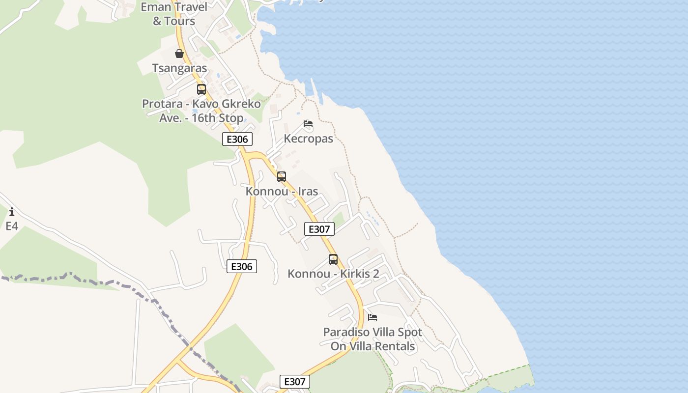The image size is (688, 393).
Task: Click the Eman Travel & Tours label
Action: (x=173, y=14)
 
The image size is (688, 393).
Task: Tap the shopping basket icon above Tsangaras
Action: (x=179, y=54)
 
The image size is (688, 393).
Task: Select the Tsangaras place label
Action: (x=179, y=68)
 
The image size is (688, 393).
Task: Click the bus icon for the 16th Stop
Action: (x=201, y=89)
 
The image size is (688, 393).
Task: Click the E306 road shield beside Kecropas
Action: (x=237, y=139)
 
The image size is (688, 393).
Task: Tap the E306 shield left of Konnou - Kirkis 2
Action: (x=241, y=266)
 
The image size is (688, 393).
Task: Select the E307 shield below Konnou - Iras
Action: (x=319, y=229)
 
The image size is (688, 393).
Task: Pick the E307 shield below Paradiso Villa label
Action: (x=295, y=382)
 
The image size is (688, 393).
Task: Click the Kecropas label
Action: (x=308, y=139)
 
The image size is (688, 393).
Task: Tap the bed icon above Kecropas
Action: (x=308, y=124)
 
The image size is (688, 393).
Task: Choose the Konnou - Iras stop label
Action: (x=282, y=191)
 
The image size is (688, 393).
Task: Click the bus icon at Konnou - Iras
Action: (x=282, y=176)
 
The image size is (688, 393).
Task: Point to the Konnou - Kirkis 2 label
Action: (x=333, y=274)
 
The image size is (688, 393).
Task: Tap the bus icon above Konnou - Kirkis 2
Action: (x=333, y=259)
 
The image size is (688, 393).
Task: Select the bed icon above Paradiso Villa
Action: (x=373, y=317)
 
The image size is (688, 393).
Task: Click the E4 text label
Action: (x=12, y=226)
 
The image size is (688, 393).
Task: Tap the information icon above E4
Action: (x=12, y=212)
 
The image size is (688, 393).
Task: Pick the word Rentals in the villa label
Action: (x=395, y=346)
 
